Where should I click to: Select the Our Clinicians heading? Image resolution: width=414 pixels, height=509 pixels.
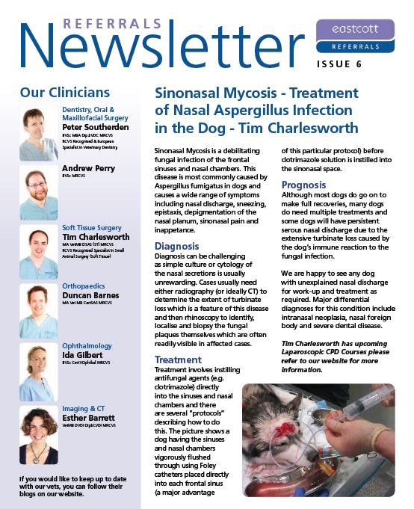[64, 93]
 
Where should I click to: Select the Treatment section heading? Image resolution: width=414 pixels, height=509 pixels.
[178, 360]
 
